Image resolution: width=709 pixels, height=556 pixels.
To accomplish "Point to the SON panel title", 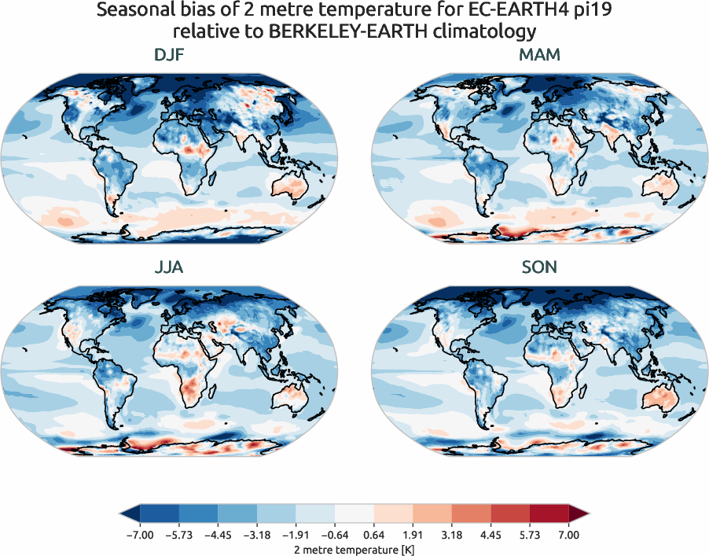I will (539, 267).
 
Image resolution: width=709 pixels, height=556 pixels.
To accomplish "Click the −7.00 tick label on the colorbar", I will (138, 535).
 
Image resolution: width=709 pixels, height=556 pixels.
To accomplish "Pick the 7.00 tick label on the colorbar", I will (569, 535).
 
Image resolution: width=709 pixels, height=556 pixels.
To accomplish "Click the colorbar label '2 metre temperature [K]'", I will (354, 547).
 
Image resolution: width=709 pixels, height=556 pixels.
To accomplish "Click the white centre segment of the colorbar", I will (354, 514).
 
